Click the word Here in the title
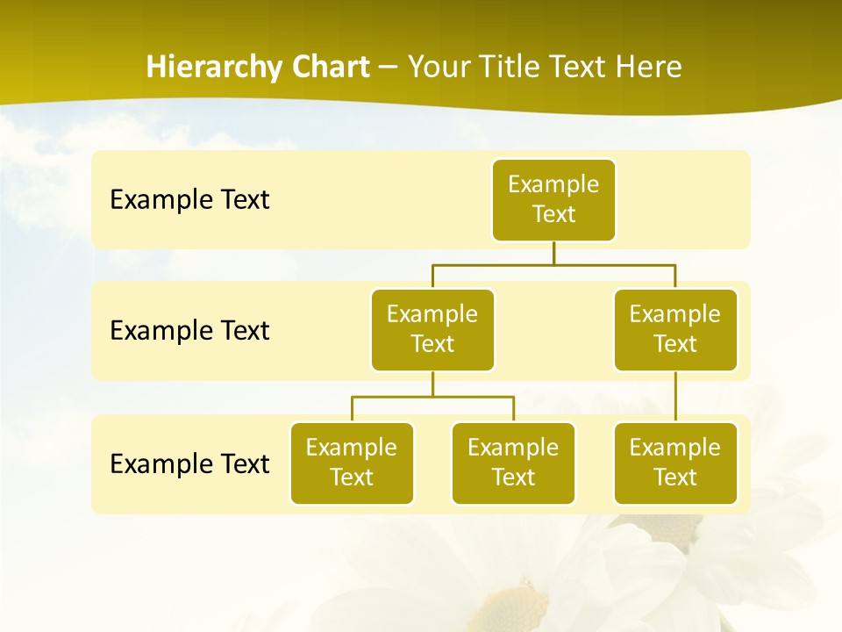point(648,68)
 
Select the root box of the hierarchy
point(553,200)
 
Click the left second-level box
point(432,330)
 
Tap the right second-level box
point(675,330)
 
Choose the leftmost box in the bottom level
point(352,463)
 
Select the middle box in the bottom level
point(513,463)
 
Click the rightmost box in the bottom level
point(675,463)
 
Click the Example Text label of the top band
point(189,200)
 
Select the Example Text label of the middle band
point(189,331)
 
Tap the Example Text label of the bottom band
point(189,463)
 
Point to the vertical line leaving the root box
point(553,252)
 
